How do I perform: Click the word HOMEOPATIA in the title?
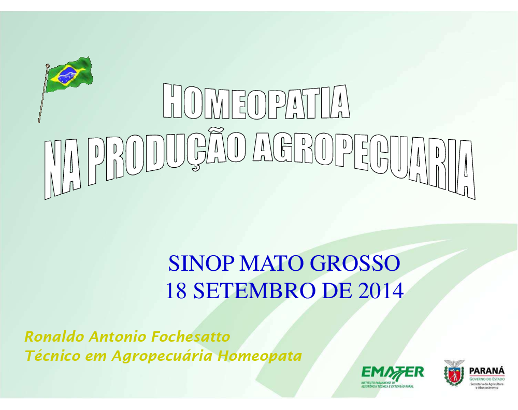[256, 101]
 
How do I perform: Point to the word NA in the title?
[63, 169]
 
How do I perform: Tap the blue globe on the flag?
[67, 75]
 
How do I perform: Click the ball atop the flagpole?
[48, 65]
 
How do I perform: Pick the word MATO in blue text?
[271, 263]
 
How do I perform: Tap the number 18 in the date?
[176, 290]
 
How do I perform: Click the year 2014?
[381, 290]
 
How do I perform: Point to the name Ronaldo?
[54, 336]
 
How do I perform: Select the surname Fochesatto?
[191, 336]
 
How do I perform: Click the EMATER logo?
[392, 376]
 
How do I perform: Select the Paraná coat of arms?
[454, 373]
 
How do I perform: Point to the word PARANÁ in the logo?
[486, 370]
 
